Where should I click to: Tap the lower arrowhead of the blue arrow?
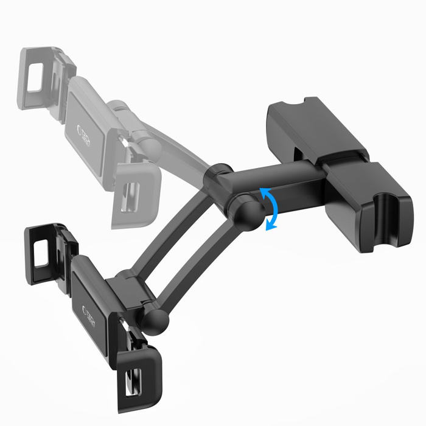tap(268, 228)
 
